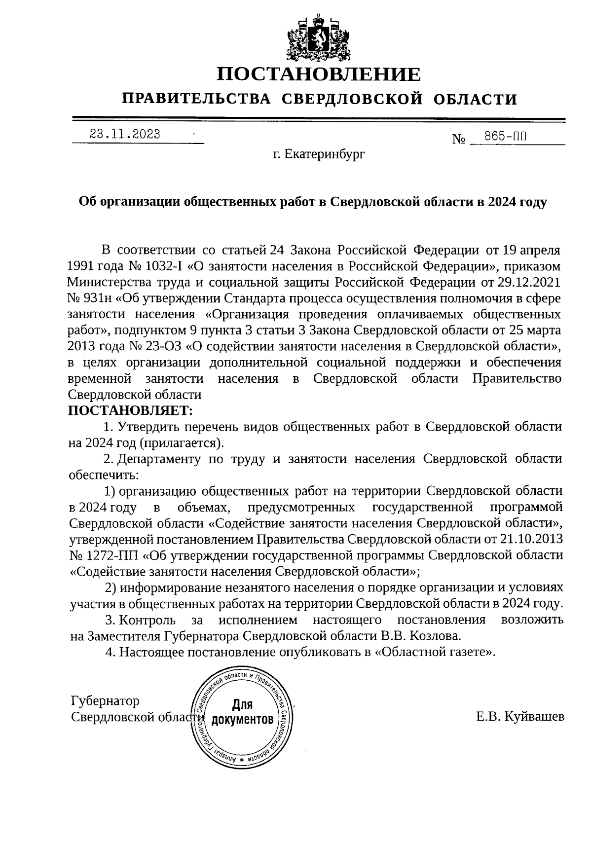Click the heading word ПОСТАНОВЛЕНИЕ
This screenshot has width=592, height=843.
tap(319, 74)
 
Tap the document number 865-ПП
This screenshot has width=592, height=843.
tap(506, 137)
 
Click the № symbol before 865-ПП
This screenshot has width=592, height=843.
tap(459, 140)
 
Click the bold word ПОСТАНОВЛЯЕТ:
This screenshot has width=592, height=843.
tap(130, 410)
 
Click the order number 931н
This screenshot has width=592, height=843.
tap(97, 298)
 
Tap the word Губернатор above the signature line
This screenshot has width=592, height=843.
tap(105, 701)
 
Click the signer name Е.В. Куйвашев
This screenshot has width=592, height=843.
tap(520, 717)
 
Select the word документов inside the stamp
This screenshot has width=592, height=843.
tap(242, 720)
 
